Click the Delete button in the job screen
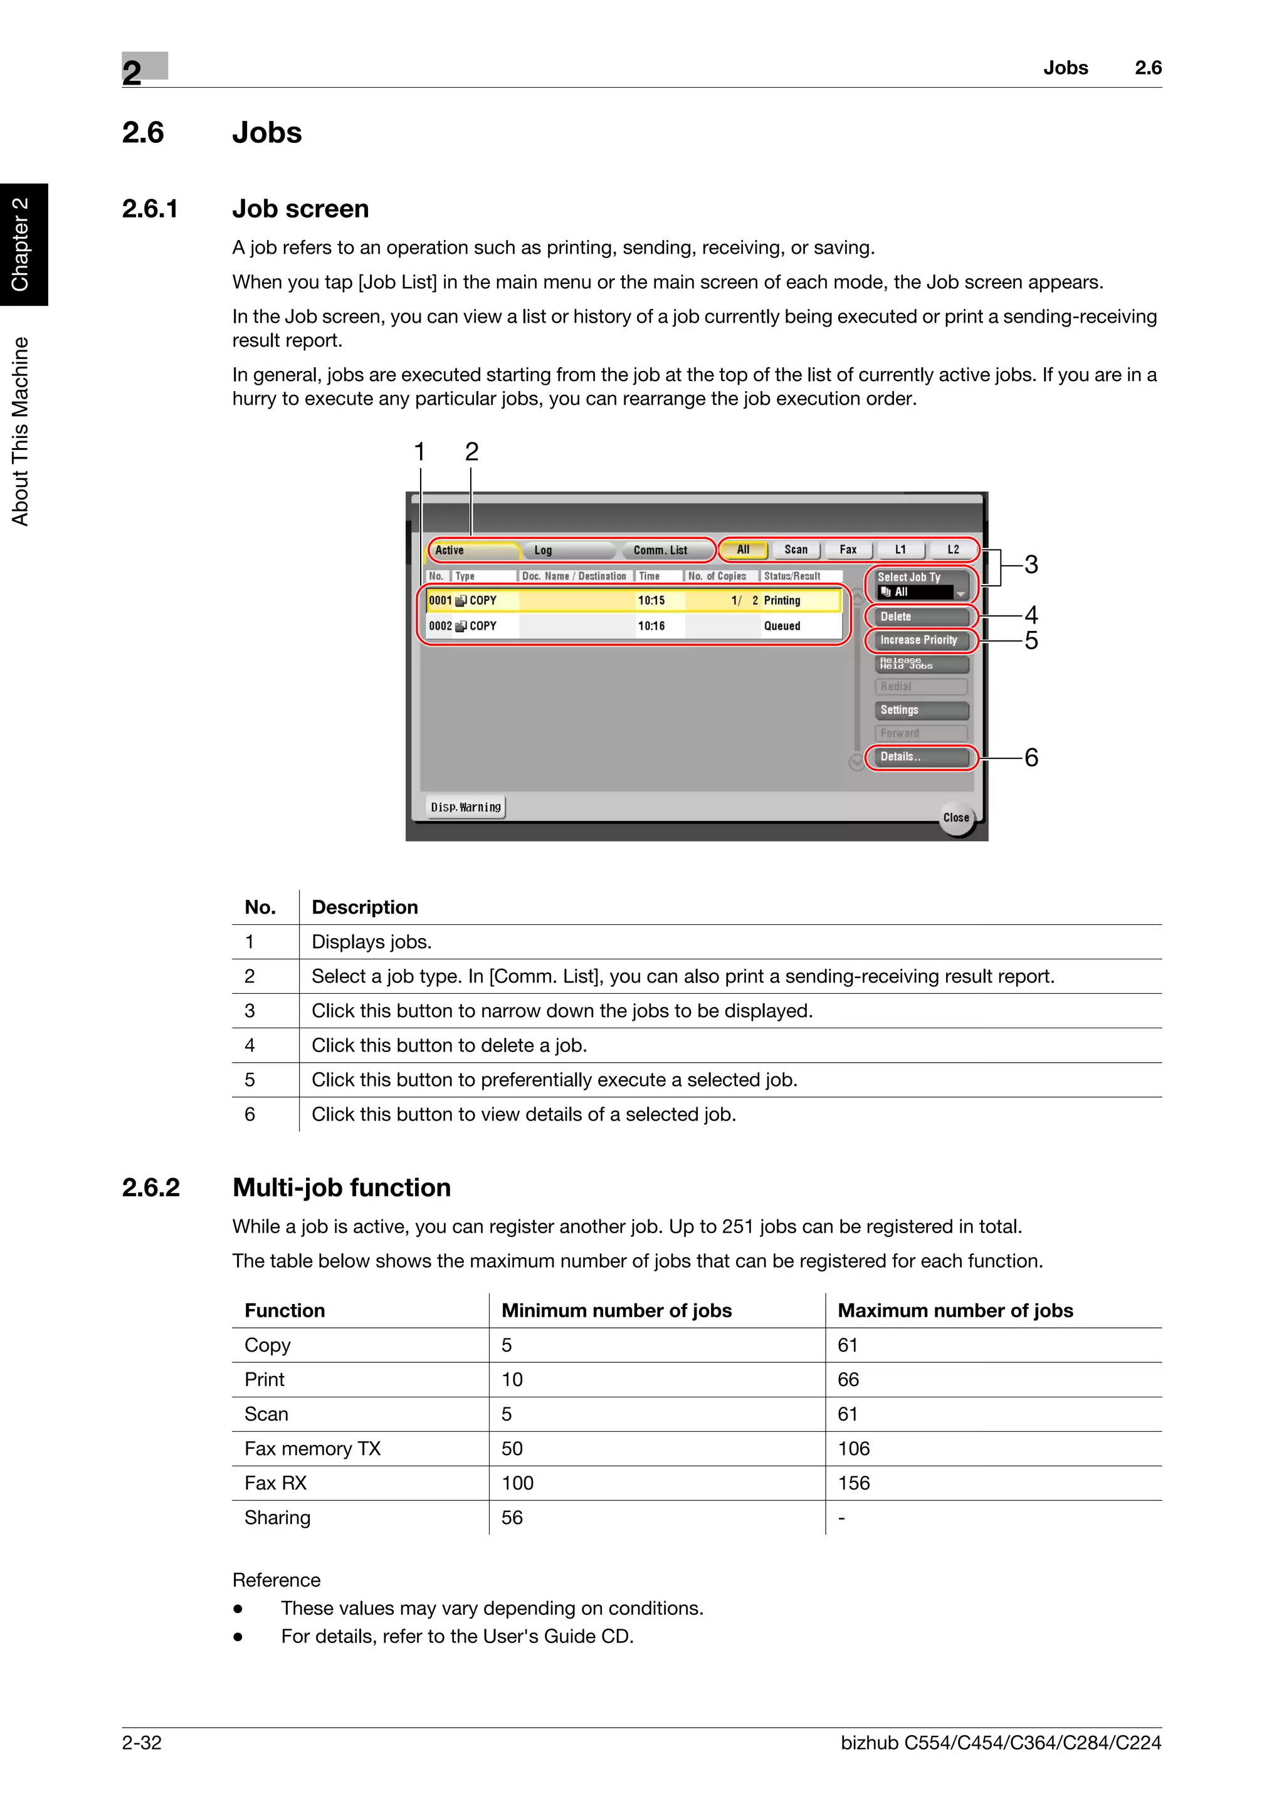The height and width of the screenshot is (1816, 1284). (921, 616)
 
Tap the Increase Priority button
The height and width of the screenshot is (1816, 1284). (921, 640)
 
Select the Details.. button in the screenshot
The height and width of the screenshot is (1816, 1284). (921, 757)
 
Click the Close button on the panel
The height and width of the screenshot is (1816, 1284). (955, 818)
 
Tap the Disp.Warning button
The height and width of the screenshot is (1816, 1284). (465, 806)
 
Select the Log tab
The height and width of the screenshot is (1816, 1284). (544, 550)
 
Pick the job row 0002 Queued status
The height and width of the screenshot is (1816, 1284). (782, 625)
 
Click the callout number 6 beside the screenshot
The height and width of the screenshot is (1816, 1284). (1031, 758)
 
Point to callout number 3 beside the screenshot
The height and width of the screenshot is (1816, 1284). (1031, 565)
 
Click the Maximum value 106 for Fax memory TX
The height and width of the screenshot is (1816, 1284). (854, 1448)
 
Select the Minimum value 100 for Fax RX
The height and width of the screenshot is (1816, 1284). (517, 1483)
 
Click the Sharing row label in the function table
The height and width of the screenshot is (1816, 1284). (278, 1517)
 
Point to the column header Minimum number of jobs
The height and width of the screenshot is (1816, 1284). (616, 1310)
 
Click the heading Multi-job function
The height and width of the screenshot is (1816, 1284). (342, 1187)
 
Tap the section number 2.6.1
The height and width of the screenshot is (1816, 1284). (150, 209)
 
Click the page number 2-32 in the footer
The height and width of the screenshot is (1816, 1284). (142, 1743)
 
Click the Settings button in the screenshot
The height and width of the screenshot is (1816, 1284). (921, 710)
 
